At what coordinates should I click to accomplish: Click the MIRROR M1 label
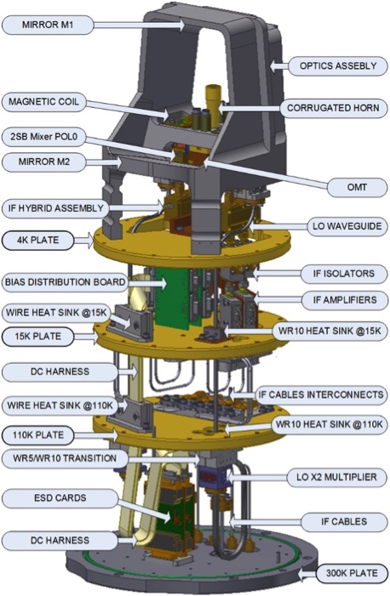pyautogui.click(x=48, y=26)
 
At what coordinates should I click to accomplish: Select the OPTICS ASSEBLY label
pyautogui.click(x=338, y=65)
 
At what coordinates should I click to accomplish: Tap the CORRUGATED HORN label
pyautogui.click(x=333, y=108)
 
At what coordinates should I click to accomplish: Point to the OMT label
pyautogui.click(x=357, y=187)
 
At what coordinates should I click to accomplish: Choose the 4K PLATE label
pyautogui.click(x=37, y=241)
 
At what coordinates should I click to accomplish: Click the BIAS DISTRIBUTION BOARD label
pyautogui.click(x=65, y=282)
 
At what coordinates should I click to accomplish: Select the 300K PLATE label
pyautogui.click(x=352, y=573)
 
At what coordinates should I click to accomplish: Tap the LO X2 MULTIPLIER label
pyautogui.click(x=336, y=477)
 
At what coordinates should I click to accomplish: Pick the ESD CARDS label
pyautogui.click(x=60, y=498)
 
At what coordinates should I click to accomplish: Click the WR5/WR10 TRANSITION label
pyautogui.click(x=65, y=458)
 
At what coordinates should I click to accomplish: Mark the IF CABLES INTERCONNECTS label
pyautogui.click(x=321, y=394)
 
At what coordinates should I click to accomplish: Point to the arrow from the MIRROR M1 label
pyautogui.click(x=139, y=26)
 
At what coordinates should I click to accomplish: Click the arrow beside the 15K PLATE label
pyautogui.click(x=85, y=337)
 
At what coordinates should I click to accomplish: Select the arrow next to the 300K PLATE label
pyautogui.click(x=307, y=573)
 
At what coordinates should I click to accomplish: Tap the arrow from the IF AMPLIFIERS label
pyautogui.click(x=278, y=300)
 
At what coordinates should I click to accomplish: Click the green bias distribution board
pyautogui.click(x=174, y=297)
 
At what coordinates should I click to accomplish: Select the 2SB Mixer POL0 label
pyautogui.click(x=43, y=136)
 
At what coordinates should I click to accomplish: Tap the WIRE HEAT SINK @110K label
pyautogui.click(x=60, y=406)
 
